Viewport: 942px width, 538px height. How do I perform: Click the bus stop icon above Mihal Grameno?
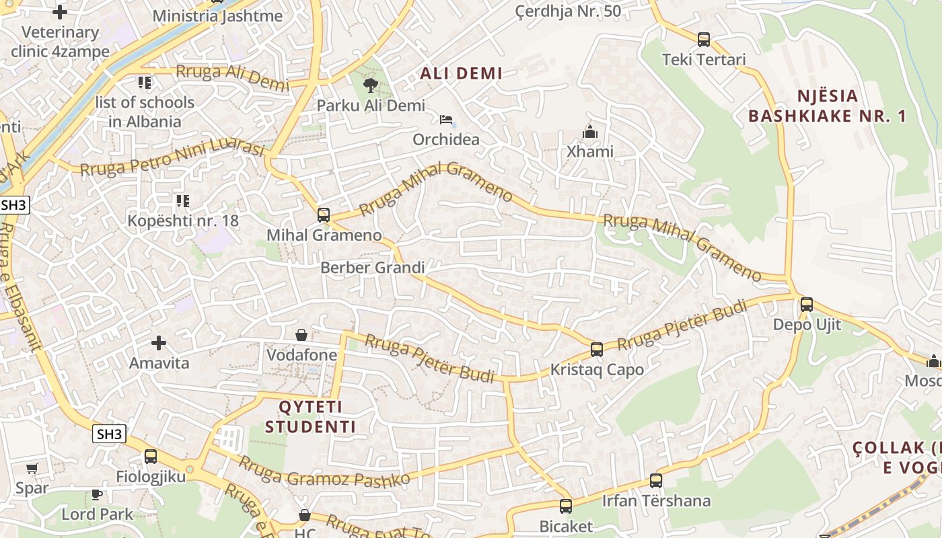click(324, 215)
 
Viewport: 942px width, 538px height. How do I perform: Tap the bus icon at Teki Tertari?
click(704, 40)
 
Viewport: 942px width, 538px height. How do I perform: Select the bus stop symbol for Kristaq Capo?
click(596, 350)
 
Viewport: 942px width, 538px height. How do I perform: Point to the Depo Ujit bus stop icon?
click(806, 305)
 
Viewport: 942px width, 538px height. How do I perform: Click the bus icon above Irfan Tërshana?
click(656, 481)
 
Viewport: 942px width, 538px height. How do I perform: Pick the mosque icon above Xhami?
click(590, 132)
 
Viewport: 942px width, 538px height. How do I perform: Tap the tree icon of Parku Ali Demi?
click(370, 85)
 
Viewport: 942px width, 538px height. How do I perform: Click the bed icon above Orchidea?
click(445, 120)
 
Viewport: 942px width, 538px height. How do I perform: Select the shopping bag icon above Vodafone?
click(301, 335)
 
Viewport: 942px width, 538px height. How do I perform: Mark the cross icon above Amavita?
click(159, 344)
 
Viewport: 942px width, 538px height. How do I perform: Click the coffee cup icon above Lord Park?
click(97, 495)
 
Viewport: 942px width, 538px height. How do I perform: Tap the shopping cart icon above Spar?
click(32, 468)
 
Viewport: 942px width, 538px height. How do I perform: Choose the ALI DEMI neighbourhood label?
click(461, 74)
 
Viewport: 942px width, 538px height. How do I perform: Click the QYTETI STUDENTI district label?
click(310, 417)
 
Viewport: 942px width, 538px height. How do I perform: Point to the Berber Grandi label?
click(372, 268)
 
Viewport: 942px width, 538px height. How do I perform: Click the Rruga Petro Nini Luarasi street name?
click(172, 159)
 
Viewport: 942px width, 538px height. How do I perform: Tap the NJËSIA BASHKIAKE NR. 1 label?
click(827, 106)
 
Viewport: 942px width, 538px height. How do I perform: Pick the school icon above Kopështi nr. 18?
click(182, 200)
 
